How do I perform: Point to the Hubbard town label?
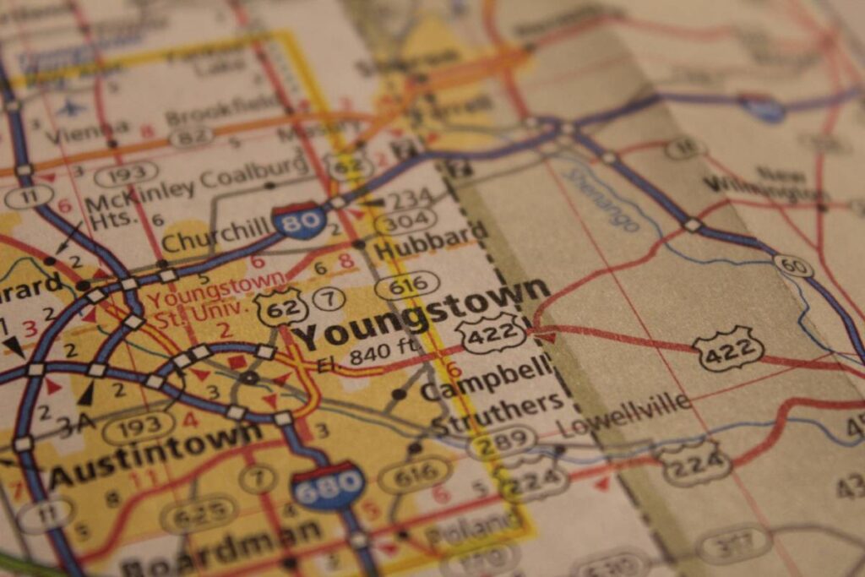tap(430, 241)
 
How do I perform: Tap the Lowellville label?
tap(625, 413)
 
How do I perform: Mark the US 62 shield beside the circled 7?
tap(282, 306)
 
